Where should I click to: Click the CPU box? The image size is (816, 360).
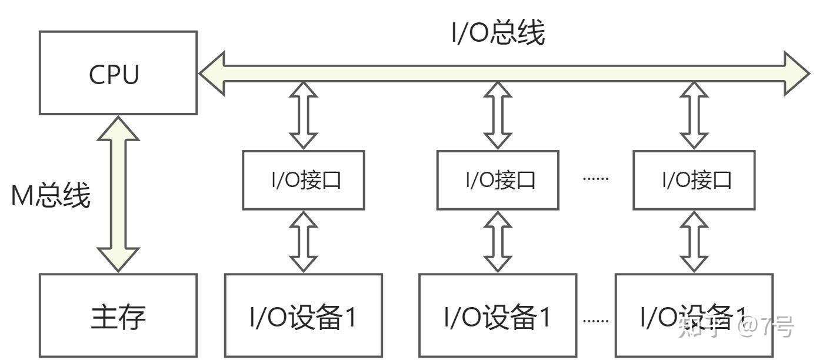[118, 73]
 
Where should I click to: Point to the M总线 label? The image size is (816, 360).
[51, 195]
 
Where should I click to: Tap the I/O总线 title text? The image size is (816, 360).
[498, 34]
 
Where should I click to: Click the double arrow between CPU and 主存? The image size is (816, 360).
[118, 194]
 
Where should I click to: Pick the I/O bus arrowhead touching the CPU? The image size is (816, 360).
[212, 73]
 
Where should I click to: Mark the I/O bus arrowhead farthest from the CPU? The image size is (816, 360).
[797, 73]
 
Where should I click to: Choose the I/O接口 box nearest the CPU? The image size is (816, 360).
[304, 180]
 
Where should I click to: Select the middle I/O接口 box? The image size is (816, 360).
[498, 180]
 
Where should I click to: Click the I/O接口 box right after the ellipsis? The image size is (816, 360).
[694, 180]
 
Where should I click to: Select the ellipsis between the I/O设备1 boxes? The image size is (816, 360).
[595, 321]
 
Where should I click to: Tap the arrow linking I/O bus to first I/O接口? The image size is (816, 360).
[304, 116]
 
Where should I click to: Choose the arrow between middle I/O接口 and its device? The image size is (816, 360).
[498, 241]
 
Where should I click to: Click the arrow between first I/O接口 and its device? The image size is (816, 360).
[304, 241]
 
